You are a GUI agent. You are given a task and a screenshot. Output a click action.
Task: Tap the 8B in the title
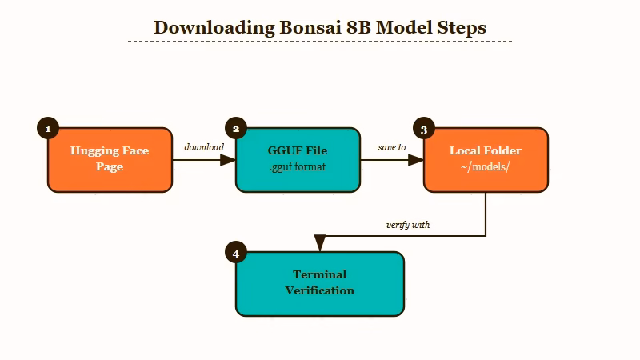coord(358,27)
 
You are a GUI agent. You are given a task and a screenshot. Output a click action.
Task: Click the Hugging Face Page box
coord(110,160)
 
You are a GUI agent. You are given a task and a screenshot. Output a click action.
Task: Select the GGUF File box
coord(298,160)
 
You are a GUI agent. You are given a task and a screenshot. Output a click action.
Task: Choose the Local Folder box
coord(486,160)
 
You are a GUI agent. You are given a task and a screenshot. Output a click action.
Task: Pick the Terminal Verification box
coord(319,284)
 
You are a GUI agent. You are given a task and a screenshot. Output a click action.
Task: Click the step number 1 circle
coord(48,129)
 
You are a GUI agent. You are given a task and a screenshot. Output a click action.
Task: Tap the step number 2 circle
coord(236,129)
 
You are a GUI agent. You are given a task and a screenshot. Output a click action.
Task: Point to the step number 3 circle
coord(424,129)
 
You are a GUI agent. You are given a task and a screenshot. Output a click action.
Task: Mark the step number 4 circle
coord(236,254)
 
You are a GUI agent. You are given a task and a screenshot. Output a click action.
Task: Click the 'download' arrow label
coord(204,147)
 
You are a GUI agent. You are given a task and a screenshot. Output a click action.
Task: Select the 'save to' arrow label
coord(392,147)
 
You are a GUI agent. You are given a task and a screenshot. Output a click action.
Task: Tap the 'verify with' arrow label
coord(408,225)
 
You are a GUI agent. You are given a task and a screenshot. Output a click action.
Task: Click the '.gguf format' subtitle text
coord(298,168)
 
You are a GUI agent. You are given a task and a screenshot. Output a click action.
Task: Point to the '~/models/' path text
coord(486,168)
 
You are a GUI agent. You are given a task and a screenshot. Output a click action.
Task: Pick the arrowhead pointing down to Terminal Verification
coord(320,243)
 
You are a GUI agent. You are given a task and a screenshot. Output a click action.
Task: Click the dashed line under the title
coord(320,41)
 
